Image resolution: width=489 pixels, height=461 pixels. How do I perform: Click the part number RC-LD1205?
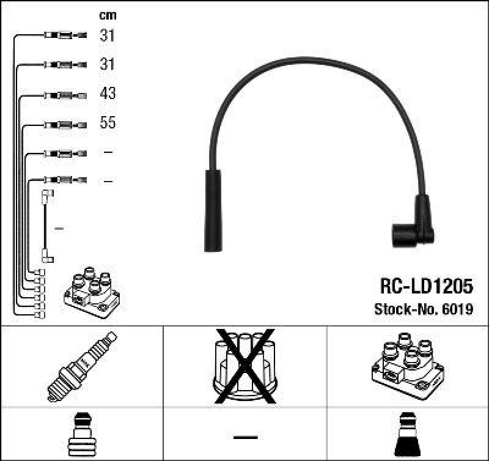426,287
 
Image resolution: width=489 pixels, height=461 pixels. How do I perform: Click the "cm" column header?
108,15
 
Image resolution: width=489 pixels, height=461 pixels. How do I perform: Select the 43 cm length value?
108,94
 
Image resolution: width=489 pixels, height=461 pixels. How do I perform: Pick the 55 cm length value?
108,123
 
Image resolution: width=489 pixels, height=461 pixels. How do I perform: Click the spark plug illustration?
82,365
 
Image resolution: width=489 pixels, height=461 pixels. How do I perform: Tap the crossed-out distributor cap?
244,365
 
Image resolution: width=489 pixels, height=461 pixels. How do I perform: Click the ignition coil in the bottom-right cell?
406,365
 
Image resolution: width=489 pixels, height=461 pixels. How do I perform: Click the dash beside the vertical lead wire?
59,228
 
